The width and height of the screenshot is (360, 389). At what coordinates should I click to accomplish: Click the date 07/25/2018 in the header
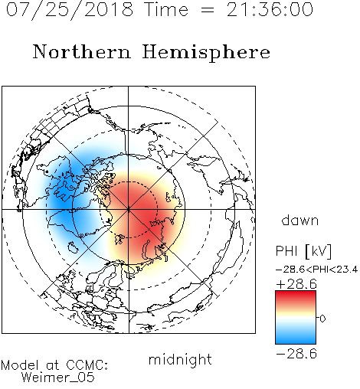70,10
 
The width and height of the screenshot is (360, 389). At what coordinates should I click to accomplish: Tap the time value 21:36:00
270,9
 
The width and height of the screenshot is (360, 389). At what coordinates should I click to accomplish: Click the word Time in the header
166,9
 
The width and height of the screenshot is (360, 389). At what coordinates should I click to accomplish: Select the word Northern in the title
82,51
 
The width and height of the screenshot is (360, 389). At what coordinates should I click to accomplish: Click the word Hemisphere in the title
206,53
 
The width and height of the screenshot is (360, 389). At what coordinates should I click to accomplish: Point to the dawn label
300,220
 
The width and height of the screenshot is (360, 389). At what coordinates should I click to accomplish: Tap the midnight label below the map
180,360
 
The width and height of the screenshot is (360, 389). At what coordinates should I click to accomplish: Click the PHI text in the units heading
286,251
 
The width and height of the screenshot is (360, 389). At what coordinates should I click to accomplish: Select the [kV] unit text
319,251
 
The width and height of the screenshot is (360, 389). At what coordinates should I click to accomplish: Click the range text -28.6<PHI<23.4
317,270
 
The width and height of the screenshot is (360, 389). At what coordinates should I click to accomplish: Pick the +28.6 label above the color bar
296,284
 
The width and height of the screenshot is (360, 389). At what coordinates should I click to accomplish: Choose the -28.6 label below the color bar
296,354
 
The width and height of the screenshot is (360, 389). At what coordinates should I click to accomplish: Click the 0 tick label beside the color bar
322,319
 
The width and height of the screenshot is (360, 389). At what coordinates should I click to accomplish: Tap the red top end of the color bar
296,293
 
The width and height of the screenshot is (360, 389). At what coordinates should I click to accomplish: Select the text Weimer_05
58,377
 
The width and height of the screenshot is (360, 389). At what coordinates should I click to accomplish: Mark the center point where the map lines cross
129,210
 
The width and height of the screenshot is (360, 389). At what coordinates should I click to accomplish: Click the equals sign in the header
208,10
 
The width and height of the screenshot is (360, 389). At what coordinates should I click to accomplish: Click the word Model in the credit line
21,365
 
